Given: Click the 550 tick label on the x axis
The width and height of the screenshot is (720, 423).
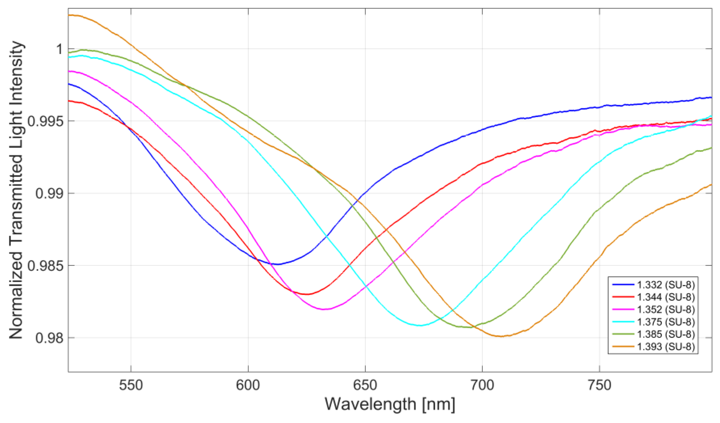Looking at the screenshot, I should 131,386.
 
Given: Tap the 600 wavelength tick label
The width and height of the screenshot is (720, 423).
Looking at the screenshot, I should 248,386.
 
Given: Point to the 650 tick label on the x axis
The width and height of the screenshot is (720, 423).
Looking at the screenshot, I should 365,386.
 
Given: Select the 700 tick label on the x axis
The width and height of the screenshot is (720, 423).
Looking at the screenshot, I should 482,386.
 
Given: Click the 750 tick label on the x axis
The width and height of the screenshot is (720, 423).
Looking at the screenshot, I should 599,386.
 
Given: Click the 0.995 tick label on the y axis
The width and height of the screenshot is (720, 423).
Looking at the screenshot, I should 45,121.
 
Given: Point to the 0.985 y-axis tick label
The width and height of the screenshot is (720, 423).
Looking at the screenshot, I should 45,266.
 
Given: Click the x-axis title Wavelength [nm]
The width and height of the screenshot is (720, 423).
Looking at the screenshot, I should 390,404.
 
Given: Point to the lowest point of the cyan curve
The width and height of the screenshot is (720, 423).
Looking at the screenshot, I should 420,325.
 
